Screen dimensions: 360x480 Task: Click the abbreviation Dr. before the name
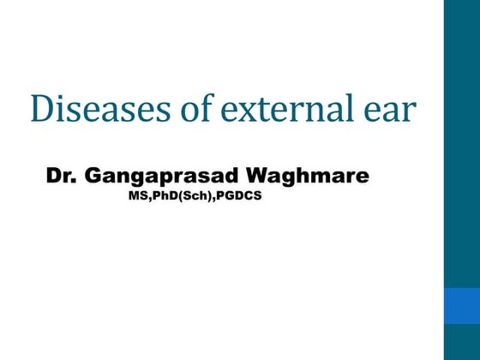(x=59, y=177)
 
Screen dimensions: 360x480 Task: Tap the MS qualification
(x=135, y=196)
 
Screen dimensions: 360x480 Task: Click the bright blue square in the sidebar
(x=462, y=305)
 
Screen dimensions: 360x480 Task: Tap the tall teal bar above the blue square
(x=462, y=141)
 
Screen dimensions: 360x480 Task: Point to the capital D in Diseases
(x=40, y=108)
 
